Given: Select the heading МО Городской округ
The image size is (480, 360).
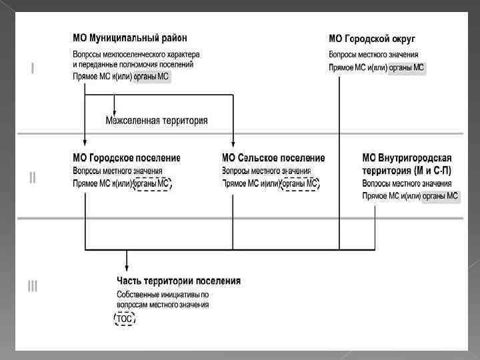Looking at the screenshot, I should point(376,39).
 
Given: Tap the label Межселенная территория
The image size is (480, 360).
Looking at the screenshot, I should point(157,121).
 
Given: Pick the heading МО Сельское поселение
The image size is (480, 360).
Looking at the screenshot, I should point(273,158).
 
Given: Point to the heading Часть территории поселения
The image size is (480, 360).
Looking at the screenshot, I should point(179,281).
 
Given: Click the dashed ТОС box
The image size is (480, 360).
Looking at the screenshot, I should point(125,319).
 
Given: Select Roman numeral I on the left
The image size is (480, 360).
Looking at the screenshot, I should point(32,68).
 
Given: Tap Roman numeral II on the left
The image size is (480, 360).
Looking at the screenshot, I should point(32,177).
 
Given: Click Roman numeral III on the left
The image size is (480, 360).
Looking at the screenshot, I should point(32,287).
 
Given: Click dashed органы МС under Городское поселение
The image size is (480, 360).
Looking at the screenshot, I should point(152,183).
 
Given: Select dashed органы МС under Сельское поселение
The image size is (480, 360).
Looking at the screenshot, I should point(300,183).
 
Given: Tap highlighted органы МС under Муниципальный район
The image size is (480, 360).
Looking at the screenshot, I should point(151,77).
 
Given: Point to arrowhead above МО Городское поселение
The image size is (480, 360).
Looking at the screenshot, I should point(85,142).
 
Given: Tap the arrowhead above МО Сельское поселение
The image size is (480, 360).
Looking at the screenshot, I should point(233,142).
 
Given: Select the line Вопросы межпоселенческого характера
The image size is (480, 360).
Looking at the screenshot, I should point(136,55).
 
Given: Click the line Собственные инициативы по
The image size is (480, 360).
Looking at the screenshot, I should point(163,294).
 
